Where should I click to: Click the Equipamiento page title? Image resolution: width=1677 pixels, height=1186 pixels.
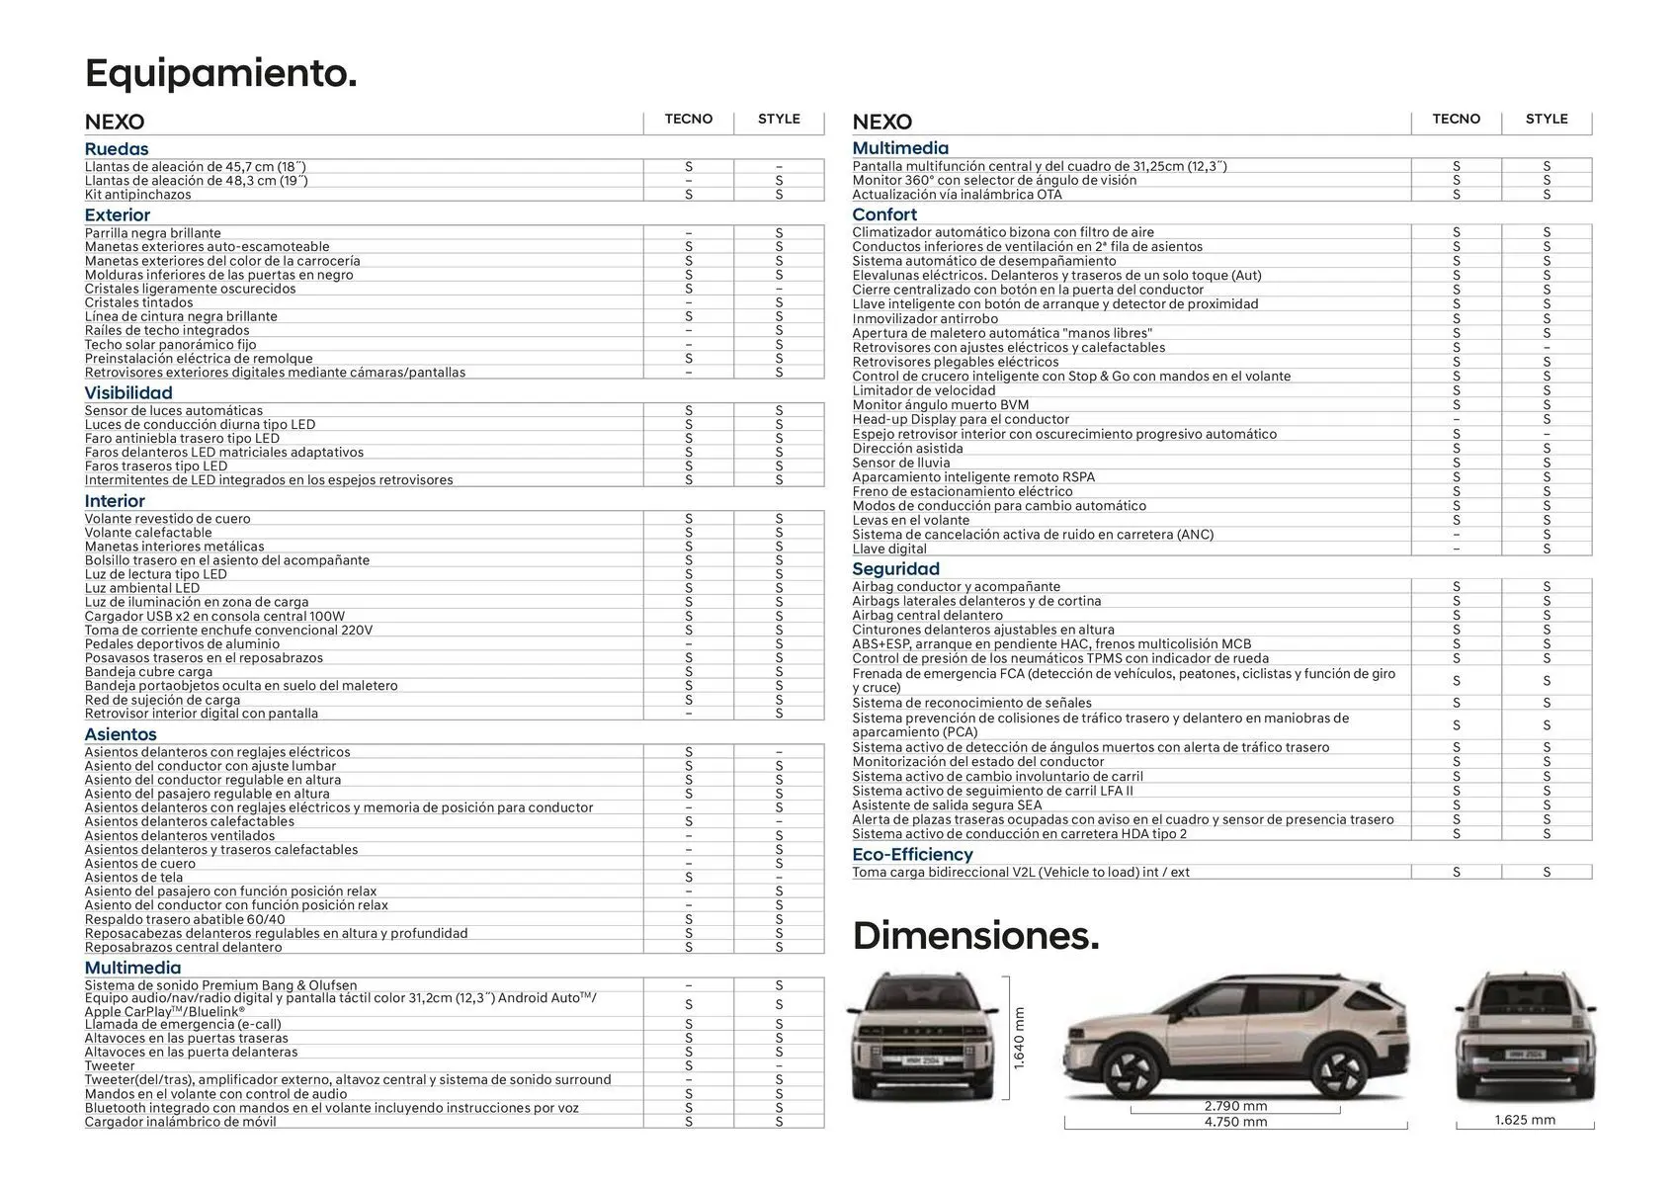tap(220, 74)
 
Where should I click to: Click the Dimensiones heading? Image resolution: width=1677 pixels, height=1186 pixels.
tap(975, 936)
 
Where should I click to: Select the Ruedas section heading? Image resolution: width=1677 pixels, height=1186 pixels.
tap(117, 149)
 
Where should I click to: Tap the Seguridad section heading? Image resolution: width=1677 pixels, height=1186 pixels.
tap(895, 569)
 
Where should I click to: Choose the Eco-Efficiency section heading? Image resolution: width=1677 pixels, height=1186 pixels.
tap(912, 855)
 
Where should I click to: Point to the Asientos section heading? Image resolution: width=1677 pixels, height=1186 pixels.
tap(121, 734)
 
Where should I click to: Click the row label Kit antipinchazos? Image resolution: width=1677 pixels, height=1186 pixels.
tap(138, 195)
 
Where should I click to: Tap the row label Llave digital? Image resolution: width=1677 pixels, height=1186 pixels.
tap(889, 549)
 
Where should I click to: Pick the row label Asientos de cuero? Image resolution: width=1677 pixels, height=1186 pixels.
tap(140, 864)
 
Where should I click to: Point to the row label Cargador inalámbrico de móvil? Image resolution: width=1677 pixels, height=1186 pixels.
tap(181, 1122)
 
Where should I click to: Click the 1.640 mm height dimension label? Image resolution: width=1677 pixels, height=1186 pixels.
tap(1020, 1037)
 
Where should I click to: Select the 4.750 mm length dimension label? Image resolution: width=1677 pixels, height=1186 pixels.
tap(1235, 1122)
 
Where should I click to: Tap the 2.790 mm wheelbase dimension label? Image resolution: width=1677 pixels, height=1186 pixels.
tap(1235, 1106)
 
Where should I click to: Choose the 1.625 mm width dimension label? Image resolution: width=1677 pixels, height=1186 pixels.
tap(1525, 1120)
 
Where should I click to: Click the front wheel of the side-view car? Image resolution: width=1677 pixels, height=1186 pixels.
tap(1131, 1071)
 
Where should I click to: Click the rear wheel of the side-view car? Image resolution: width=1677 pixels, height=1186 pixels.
tap(1342, 1071)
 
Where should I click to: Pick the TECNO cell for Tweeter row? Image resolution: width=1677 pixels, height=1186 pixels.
tap(689, 1066)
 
